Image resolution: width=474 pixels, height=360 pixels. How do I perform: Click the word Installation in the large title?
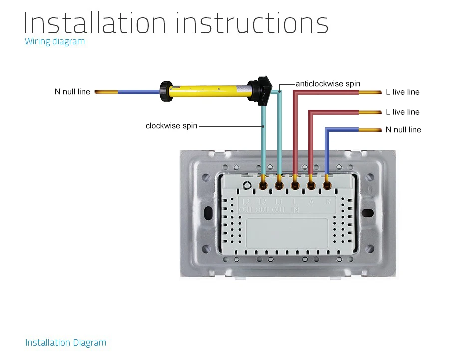94,23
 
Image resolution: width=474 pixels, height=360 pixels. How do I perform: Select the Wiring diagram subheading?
55,41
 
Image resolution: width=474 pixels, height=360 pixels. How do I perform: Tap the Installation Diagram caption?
66,343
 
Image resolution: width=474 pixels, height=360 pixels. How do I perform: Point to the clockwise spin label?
171,126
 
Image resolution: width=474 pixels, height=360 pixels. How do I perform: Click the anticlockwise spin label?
328,84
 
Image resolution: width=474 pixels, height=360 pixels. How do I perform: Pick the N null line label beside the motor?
72,92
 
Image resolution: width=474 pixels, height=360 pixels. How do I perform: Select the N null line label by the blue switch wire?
403,130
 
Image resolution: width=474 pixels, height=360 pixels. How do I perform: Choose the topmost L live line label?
403,92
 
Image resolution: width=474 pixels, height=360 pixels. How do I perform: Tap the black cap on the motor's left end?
166,92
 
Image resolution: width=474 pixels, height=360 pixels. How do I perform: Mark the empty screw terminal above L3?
247,186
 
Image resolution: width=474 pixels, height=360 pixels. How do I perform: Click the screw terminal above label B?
327,186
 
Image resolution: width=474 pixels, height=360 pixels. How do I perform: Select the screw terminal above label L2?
263,186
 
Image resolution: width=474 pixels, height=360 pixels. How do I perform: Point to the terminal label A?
311,202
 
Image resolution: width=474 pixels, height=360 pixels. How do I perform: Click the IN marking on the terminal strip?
295,210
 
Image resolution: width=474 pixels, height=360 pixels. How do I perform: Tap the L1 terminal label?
279,202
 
